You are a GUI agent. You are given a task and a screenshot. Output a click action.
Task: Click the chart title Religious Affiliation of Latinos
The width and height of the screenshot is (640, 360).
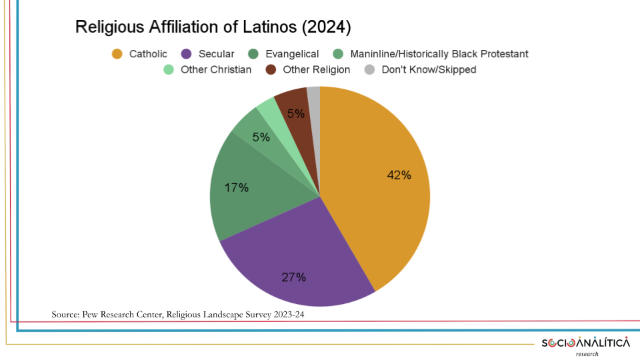click(213, 27)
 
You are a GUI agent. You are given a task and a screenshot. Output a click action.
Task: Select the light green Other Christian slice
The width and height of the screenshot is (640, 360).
click(267, 111)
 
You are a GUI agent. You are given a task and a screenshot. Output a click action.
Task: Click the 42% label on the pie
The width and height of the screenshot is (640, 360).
click(399, 175)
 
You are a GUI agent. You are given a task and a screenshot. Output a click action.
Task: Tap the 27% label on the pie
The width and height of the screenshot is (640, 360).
click(293, 277)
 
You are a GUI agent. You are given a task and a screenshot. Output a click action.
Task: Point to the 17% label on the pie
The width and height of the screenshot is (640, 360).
click(237, 188)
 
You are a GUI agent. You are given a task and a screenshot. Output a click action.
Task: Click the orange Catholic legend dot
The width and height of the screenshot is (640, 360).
click(117, 54)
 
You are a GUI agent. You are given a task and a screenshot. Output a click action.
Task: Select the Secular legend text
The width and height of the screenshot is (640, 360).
click(216, 54)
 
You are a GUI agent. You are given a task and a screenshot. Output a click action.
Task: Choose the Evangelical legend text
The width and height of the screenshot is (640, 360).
click(292, 54)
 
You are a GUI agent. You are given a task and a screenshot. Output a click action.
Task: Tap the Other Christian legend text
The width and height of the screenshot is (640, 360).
click(216, 69)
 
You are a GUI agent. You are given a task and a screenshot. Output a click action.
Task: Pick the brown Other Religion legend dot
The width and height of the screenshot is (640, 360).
click(271, 69)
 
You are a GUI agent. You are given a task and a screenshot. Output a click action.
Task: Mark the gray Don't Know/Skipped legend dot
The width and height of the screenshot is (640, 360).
click(369, 69)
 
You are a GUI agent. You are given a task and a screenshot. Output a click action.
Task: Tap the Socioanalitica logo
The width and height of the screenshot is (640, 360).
click(585, 343)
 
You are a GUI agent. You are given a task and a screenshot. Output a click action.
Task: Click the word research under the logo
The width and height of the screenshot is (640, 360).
click(587, 354)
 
